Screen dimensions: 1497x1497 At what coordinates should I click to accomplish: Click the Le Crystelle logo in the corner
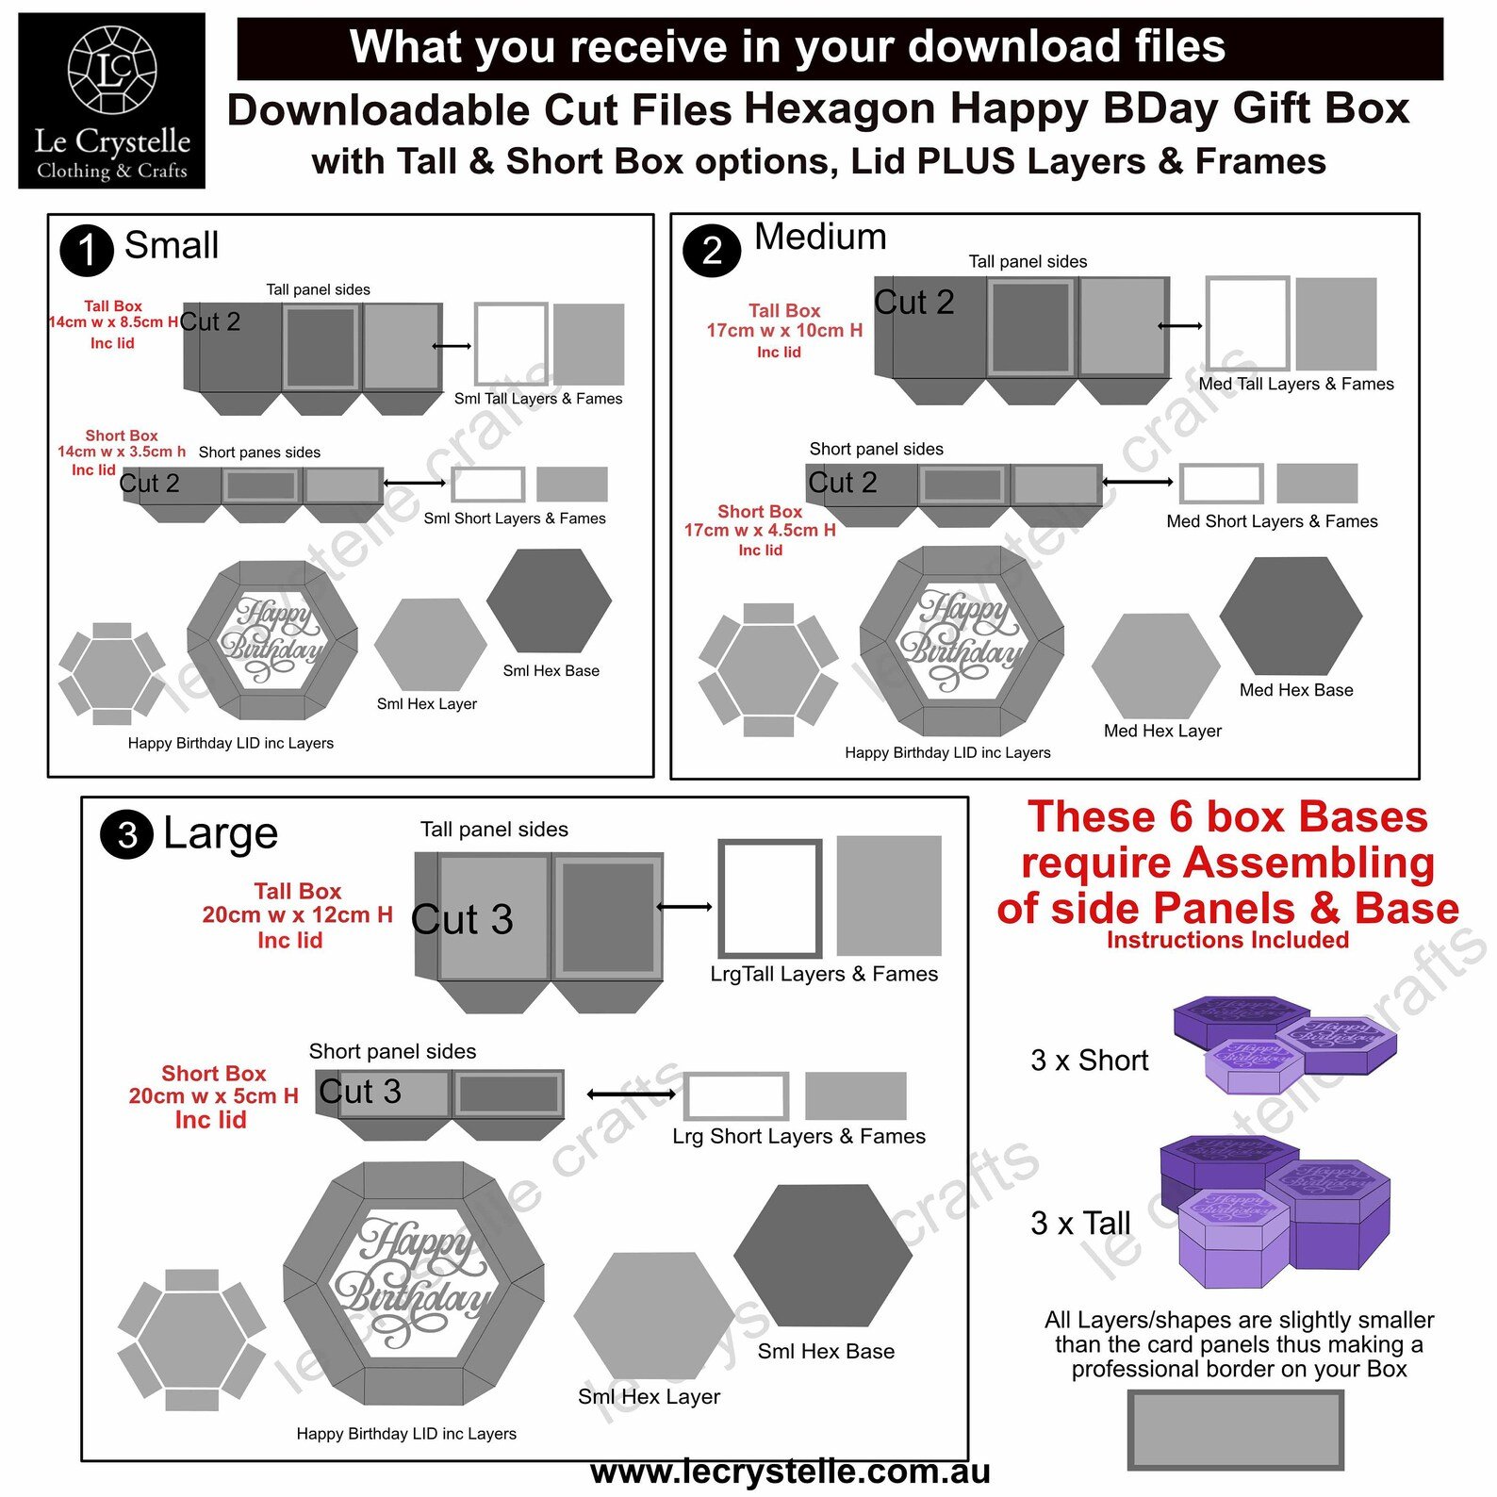click(111, 100)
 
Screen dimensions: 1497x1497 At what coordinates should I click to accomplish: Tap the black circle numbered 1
click(87, 250)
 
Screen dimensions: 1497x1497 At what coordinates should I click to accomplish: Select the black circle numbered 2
click(712, 250)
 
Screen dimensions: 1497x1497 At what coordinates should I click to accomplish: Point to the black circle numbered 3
click(127, 834)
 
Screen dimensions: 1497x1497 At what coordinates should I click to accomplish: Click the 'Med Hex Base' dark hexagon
click(1290, 615)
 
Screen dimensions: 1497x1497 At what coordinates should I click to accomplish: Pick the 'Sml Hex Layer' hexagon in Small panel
click(430, 645)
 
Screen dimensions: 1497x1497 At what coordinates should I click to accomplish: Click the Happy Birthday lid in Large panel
click(413, 1283)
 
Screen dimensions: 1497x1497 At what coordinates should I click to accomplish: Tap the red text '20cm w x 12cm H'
click(297, 914)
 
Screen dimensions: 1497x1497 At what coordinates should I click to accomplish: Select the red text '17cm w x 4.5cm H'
click(760, 530)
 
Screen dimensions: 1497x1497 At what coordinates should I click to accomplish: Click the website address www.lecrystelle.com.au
click(790, 1472)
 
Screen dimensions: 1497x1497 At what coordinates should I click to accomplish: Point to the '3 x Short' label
click(1089, 1061)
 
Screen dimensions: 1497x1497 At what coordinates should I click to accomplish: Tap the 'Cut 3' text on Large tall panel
click(462, 919)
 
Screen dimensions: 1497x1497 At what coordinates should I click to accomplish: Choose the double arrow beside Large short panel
click(631, 1094)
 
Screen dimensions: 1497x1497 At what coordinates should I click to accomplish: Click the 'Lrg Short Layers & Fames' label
click(798, 1136)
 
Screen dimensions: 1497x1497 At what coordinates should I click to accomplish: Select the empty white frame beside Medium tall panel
click(1247, 323)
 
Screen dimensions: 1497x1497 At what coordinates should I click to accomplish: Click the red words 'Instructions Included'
click(1227, 940)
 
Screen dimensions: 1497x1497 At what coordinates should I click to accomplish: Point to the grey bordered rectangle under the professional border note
click(1235, 1429)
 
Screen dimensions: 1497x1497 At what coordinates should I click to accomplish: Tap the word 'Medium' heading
click(820, 237)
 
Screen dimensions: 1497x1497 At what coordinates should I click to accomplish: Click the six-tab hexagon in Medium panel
click(767, 670)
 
